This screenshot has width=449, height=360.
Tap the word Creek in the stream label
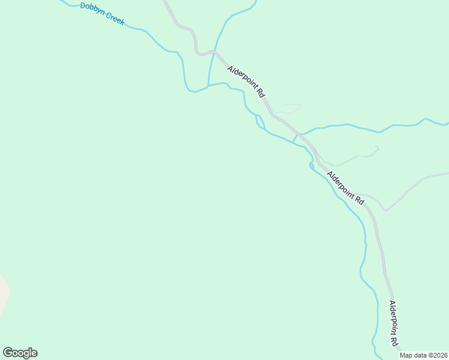click(x=114, y=18)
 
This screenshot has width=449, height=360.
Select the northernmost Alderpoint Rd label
click(x=246, y=82)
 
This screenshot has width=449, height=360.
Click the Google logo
click(x=20, y=353)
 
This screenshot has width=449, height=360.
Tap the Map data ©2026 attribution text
click(x=424, y=355)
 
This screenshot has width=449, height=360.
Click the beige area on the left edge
click(x=4, y=294)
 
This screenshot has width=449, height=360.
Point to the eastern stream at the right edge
click(x=445, y=124)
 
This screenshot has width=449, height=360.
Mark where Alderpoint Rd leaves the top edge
click(x=164, y=2)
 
